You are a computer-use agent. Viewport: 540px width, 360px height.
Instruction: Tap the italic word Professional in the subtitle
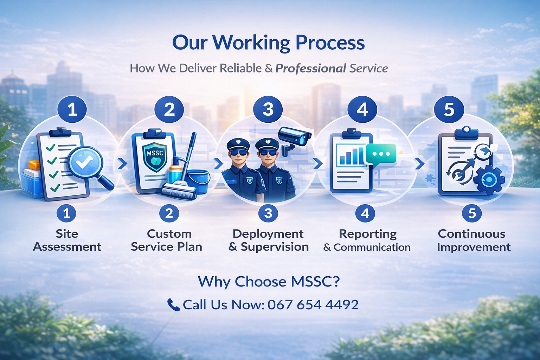pyautogui.click(x=311, y=69)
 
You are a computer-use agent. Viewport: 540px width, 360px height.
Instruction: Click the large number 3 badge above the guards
pyautogui.click(x=268, y=109)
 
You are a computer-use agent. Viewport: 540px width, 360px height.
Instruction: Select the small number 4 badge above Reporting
pyautogui.click(x=365, y=213)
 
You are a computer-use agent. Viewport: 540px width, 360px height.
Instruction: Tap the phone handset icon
pyautogui.click(x=173, y=305)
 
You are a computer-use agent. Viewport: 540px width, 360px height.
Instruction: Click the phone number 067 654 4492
pyautogui.click(x=313, y=304)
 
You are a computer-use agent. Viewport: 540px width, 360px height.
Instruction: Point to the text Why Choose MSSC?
pyautogui.click(x=269, y=281)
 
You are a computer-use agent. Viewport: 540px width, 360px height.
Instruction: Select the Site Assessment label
pyautogui.click(x=67, y=240)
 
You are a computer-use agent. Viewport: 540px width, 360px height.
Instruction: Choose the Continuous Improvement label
pyautogui.click(x=474, y=240)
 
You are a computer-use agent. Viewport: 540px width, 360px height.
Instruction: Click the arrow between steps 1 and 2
pyautogui.click(x=122, y=164)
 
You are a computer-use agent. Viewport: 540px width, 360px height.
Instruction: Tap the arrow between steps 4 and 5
pyautogui.click(x=420, y=164)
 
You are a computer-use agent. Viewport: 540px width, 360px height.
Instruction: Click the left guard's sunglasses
pyautogui.click(x=237, y=153)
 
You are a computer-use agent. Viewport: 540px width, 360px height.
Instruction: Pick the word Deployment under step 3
pyautogui.click(x=268, y=234)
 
